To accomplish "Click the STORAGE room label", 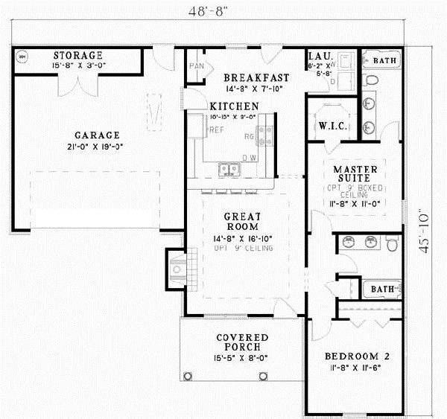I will point(78,56).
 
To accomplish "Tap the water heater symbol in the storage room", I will point(22,57).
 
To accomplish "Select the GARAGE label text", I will point(97,135).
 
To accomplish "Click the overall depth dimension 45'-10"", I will point(425,231).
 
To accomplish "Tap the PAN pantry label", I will point(197,66).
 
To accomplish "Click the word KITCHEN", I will point(234,106).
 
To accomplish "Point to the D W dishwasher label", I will point(250,158).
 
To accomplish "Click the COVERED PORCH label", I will point(241,342).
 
